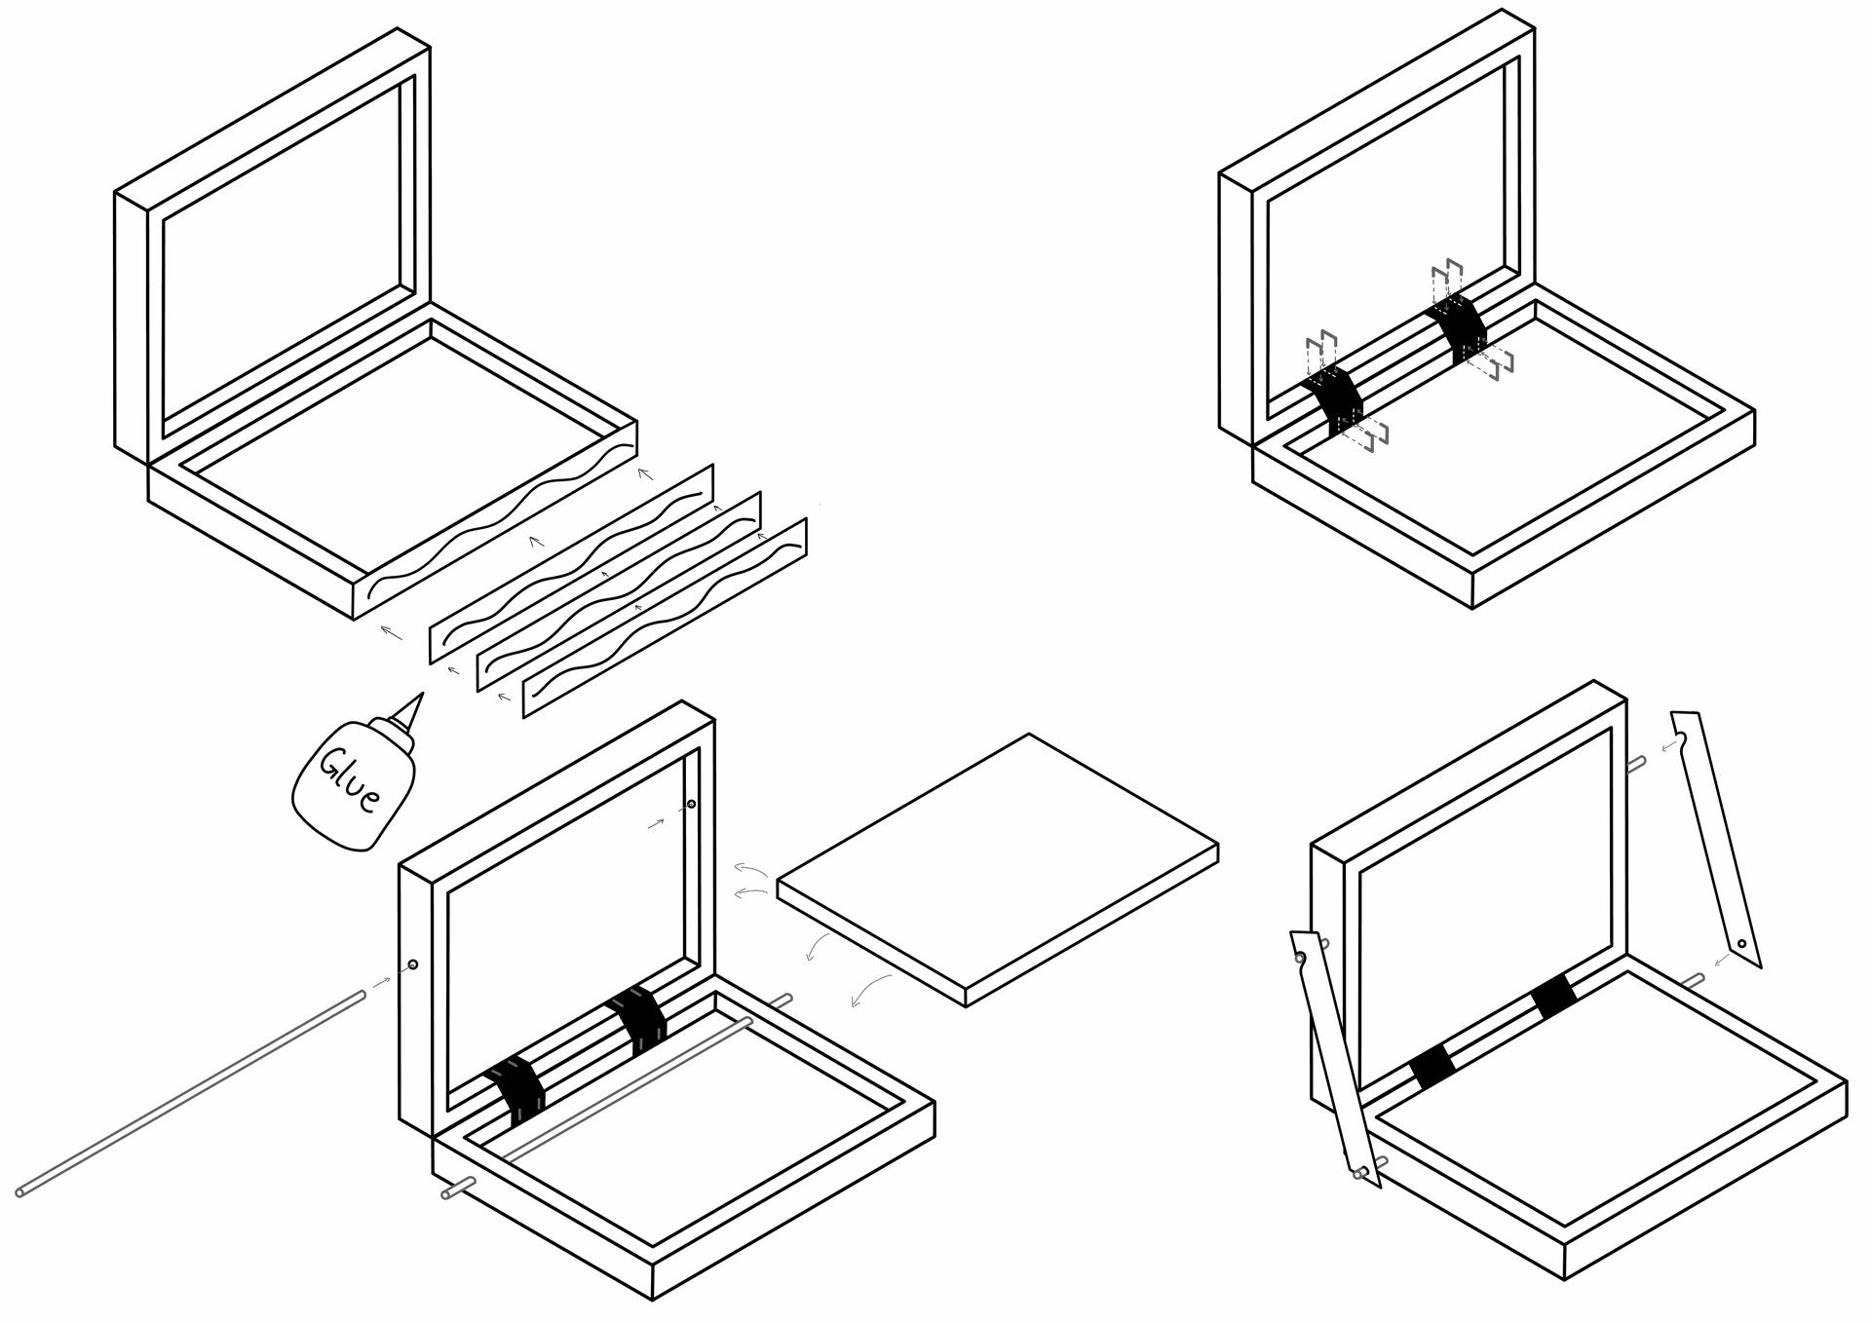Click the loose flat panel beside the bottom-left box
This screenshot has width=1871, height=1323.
[997, 870]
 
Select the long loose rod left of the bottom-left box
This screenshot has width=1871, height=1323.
[191, 1093]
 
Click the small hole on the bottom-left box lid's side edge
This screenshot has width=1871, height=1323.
[413, 964]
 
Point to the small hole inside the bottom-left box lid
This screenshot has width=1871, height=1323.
[691, 804]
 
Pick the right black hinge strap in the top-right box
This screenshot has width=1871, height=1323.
[1457, 331]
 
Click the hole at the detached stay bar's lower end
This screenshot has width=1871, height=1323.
[1741, 943]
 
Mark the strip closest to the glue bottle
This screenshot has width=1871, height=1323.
[665, 618]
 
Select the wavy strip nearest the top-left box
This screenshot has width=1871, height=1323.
[572, 564]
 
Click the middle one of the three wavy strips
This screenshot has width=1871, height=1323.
[618, 591]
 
